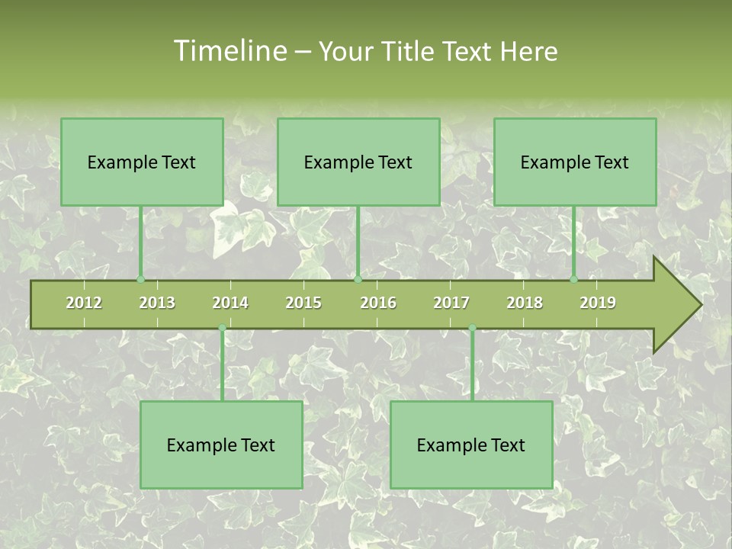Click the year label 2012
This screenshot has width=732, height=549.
[x=84, y=303]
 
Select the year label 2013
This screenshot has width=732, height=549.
[x=157, y=303]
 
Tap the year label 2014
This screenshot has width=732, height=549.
[x=230, y=303]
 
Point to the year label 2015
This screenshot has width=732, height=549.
[x=303, y=303]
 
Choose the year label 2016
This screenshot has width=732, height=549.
[x=378, y=303]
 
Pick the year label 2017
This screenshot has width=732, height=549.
[x=451, y=303]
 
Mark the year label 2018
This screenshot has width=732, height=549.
[x=525, y=303]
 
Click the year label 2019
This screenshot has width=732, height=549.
[x=598, y=303]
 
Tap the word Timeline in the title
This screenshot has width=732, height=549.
[x=229, y=51]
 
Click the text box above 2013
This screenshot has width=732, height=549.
[x=142, y=162]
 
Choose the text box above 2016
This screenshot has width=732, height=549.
[x=358, y=162]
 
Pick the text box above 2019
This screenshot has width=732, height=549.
[x=575, y=162]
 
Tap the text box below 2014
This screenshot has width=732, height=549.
[x=221, y=445]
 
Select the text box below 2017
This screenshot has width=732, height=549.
[x=471, y=445]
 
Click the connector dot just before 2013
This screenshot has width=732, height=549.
[x=140, y=280]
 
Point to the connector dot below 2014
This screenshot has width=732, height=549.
[x=222, y=328]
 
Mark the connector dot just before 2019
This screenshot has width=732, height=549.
[x=573, y=280]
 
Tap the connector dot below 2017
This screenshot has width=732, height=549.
[x=472, y=328]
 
